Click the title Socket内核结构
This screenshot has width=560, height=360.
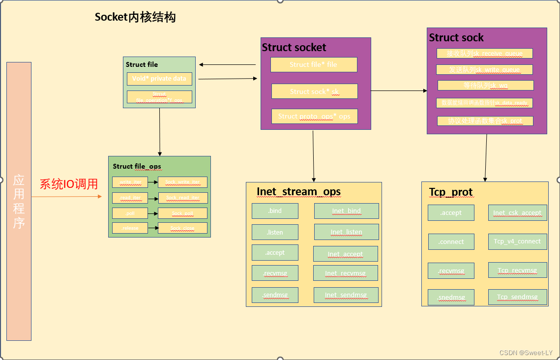(135, 18)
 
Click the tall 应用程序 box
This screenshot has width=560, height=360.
(19, 201)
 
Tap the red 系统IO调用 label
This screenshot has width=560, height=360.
(69, 184)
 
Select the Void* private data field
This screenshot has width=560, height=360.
(159, 79)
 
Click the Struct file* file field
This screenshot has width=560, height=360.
(314, 65)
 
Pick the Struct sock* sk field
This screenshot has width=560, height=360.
(315, 91)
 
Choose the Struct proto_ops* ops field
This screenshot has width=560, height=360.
(314, 117)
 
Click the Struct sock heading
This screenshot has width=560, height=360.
(456, 38)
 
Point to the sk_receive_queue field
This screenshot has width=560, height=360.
(485, 54)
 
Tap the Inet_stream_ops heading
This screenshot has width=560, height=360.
(298, 192)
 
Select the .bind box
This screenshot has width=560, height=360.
(275, 211)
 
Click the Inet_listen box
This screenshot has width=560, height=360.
(347, 232)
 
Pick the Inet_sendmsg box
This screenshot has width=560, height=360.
(346, 295)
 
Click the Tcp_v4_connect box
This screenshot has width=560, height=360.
(517, 241)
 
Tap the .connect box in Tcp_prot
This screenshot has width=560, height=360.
(451, 241)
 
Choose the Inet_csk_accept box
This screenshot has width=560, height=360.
(517, 213)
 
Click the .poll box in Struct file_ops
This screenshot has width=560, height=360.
(130, 213)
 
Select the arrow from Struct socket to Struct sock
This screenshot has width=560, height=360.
(399, 90)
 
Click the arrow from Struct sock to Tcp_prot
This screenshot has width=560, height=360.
(486, 157)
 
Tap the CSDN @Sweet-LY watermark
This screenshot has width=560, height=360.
(526, 353)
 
